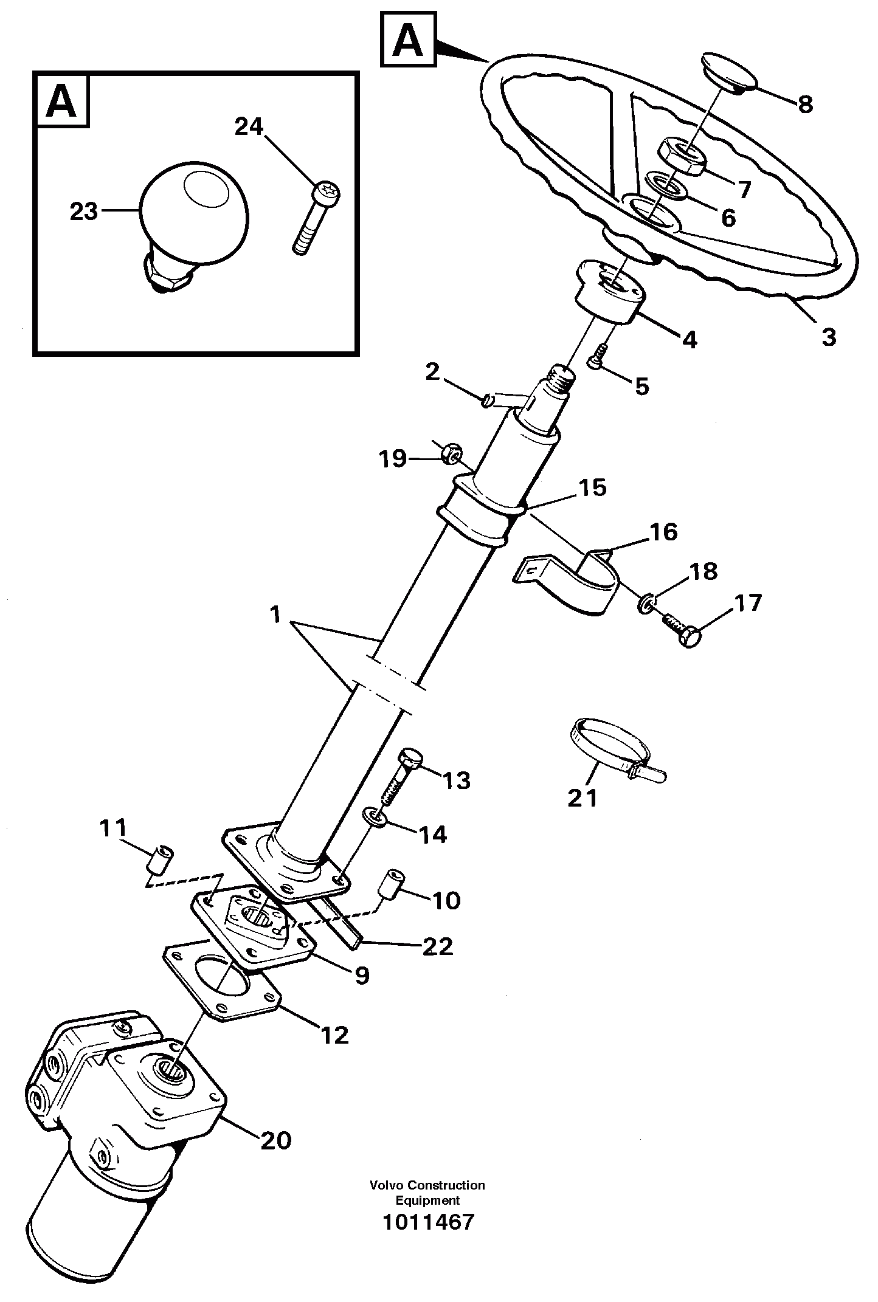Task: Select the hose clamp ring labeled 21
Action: pyautogui.click(x=611, y=745)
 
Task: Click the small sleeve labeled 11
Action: pyautogui.click(x=161, y=859)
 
